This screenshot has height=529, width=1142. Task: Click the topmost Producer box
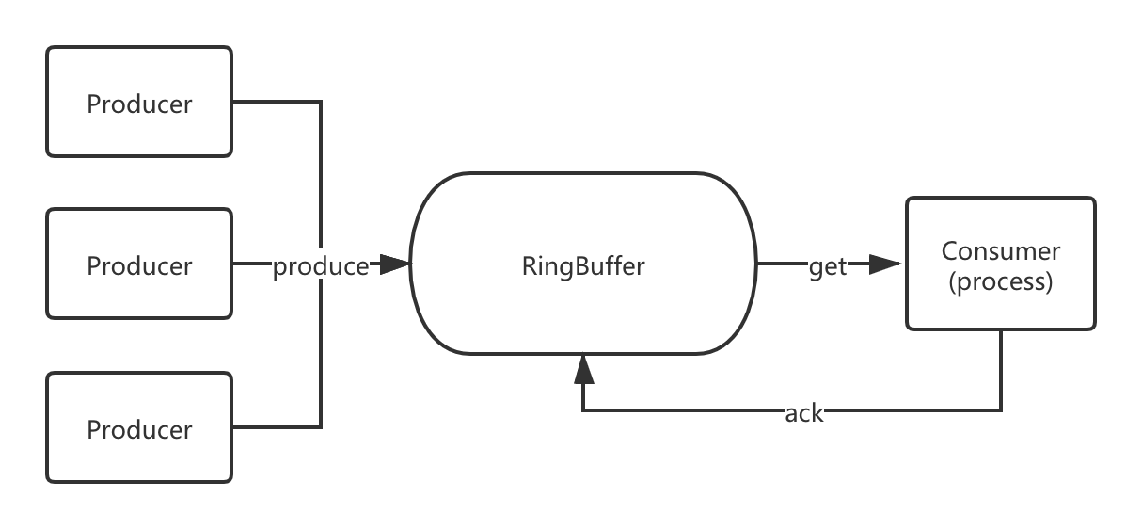click(x=139, y=102)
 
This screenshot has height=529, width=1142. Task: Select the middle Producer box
click(x=139, y=264)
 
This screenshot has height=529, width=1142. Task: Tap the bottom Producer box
click(x=139, y=427)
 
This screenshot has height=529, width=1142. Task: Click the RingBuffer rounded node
click(x=583, y=216)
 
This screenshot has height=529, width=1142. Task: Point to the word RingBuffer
click(x=583, y=266)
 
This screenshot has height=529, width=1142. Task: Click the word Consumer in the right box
click(x=1000, y=251)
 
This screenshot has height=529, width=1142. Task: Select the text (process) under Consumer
click(x=1000, y=281)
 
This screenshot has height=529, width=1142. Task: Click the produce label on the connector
click(x=321, y=266)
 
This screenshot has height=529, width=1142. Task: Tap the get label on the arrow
click(x=828, y=266)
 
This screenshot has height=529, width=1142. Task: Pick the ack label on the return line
click(x=804, y=411)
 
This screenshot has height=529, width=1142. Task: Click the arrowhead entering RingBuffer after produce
click(x=396, y=265)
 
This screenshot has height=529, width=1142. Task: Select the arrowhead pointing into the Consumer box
click(x=886, y=265)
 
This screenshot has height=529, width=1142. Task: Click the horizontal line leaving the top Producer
click(x=277, y=102)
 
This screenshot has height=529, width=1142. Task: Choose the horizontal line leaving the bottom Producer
click(x=277, y=427)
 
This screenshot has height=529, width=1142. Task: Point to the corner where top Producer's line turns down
click(x=322, y=102)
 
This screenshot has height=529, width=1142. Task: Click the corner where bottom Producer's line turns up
click(x=322, y=427)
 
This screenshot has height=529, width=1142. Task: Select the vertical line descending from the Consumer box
click(x=1001, y=369)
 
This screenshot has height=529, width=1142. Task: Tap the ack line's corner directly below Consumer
click(x=1001, y=410)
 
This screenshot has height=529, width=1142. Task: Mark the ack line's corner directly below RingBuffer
click(x=583, y=410)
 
